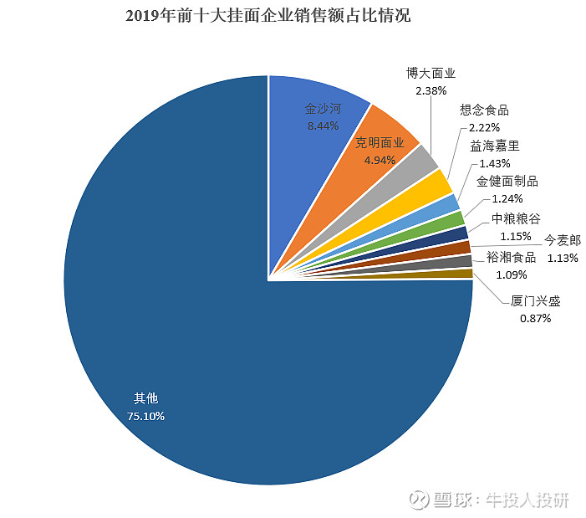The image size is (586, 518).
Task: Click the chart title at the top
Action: point(268,16)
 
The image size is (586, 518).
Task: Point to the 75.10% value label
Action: point(146,415)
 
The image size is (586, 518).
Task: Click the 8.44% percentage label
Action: point(324,126)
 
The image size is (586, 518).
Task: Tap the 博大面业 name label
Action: point(431,73)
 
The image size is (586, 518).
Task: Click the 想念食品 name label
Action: point(484,110)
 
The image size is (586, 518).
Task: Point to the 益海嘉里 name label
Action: point(495,146)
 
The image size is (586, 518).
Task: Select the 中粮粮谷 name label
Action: point(516,218)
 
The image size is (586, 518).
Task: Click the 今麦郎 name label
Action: point(563,239)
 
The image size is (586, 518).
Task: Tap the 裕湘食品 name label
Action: point(511,257)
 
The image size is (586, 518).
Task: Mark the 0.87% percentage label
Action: point(536,319)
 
